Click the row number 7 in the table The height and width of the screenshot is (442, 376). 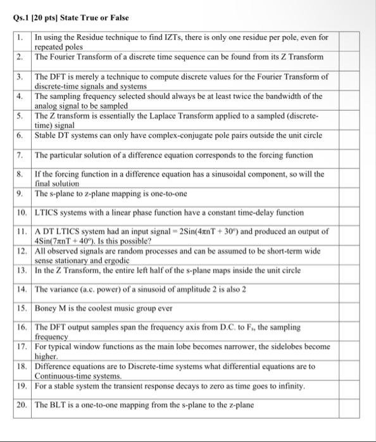pyautogui.click(x=20, y=155)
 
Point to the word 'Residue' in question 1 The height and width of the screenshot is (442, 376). pyautogui.click(x=85, y=38)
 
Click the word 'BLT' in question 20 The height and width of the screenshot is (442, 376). pyautogui.click(x=53, y=405)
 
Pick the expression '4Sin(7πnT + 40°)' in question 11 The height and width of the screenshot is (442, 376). pyautogui.click(x=69, y=241)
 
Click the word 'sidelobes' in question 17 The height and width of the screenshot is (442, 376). pyautogui.click(x=285, y=347)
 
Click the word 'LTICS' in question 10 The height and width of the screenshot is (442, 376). pyautogui.click(x=47, y=213)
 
